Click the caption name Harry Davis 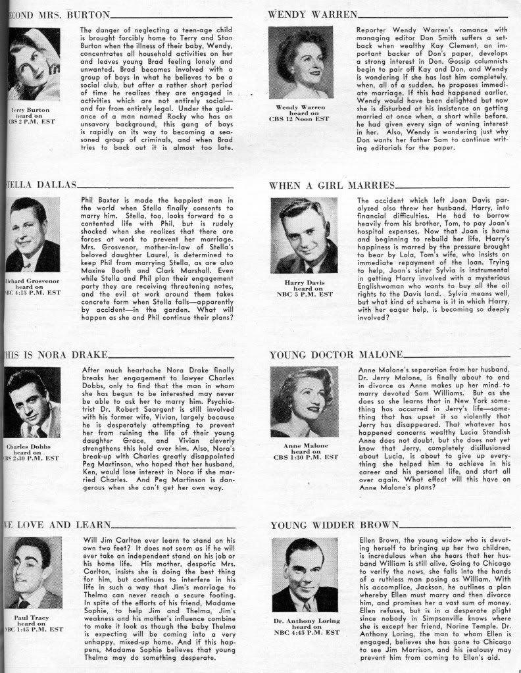click(x=304, y=282)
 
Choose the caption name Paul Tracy click(x=32, y=618)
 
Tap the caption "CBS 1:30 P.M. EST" click(x=306, y=457)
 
